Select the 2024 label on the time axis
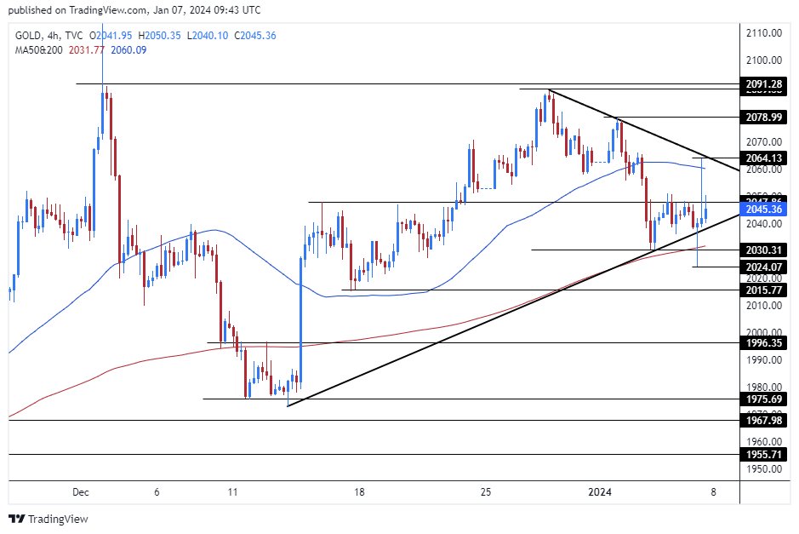coord(600,491)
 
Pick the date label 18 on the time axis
coord(360,491)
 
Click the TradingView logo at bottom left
coord(49,519)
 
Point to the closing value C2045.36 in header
coord(251,35)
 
